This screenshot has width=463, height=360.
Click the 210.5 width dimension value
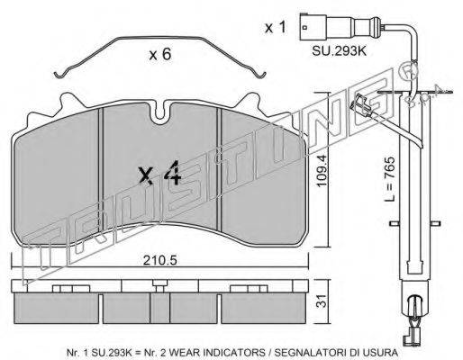tap(159, 260)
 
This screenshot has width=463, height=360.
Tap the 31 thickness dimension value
tap(322, 301)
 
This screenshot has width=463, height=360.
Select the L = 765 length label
tap(390, 179)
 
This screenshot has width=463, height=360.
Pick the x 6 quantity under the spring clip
tap(160, 54)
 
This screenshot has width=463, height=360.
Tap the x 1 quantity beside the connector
tap(276, 28)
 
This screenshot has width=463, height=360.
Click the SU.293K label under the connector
tap(340, 51)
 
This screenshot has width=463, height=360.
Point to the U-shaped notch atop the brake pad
tap(160, 112)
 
